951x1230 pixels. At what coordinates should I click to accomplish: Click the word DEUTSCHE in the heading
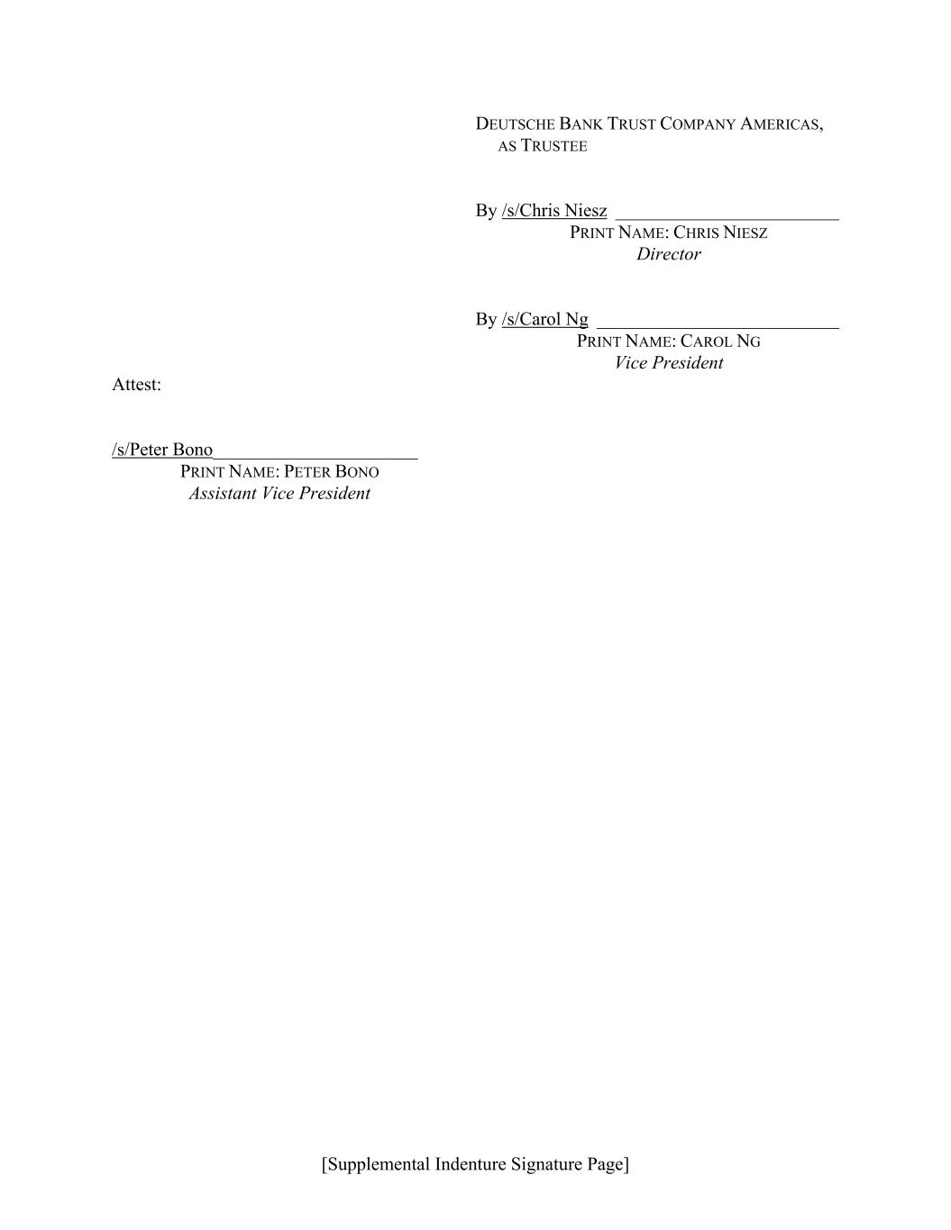tap(515, 124)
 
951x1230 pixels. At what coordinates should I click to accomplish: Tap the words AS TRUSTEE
tap(543, 146)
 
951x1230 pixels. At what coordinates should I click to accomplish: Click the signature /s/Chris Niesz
tap(554, 211)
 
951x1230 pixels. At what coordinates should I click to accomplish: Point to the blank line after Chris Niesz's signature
tap(727, 216)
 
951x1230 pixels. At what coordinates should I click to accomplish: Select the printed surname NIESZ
tap(745, 232)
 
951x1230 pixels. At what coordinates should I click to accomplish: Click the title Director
tap(668, 254)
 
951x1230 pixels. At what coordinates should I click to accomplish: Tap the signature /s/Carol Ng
tap(545, 320)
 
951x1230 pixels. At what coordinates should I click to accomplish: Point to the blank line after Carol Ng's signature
tap(718, 325)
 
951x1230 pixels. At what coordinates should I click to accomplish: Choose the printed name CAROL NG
tap(720, 342)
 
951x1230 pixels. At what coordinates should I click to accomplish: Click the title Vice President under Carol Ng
tap(668, 363)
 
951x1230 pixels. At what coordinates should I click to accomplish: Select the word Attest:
tap(136, 385)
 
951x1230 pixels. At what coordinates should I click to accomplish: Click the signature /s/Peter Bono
tap(162, 450)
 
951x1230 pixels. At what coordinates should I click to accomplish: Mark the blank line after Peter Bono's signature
tap(315, 456)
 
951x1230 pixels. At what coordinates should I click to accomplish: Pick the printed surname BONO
tap(357, 472)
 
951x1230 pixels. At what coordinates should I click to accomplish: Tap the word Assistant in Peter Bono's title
tap(222, 494)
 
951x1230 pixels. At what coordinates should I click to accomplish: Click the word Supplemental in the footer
tap(377, 1164)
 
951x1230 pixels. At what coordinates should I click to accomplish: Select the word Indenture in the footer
tap(470, 1164)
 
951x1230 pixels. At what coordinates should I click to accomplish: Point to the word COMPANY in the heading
tap(698, 124)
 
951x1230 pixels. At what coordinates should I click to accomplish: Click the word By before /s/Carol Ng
tap(486, 320)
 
